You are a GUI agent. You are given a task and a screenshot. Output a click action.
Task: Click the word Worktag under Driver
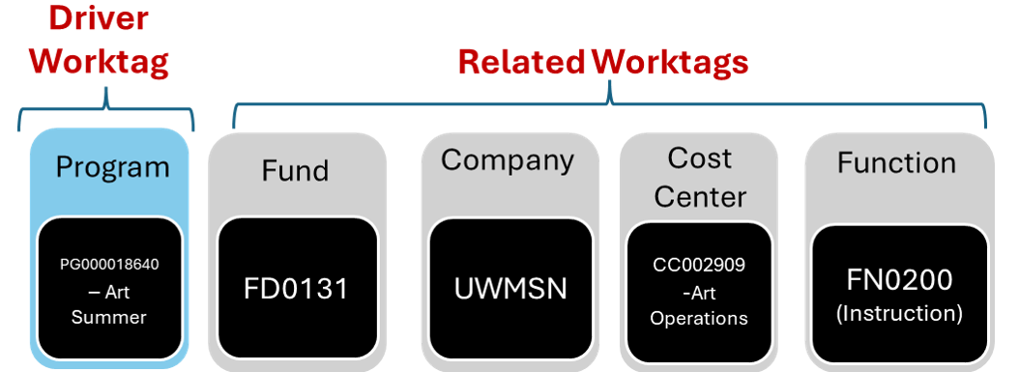(99, 62)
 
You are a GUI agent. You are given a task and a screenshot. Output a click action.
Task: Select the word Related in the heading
(521, 62)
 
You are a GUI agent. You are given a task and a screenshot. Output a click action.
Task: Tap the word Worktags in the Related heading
(670, 62)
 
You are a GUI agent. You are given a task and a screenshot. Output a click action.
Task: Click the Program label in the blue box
(112, 167)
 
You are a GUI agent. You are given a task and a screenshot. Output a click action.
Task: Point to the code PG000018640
(108, 263)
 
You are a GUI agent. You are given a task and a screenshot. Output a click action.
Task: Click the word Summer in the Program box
(108, 317)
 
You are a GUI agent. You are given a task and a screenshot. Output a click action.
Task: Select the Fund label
(295, 171)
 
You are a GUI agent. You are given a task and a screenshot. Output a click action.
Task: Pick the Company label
(508, 160)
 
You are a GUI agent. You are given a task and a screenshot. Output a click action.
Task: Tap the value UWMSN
(510, 289)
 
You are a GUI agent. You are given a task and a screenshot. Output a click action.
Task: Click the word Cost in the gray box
(699, 157)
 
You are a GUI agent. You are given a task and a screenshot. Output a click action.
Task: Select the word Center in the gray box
(700, 196)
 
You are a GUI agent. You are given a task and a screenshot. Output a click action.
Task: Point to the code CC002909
(699, 263)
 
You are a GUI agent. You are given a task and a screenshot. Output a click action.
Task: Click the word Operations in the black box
(699, 317)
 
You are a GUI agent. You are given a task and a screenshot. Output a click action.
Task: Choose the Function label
(897, 162)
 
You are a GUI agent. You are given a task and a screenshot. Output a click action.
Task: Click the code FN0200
(900, 280)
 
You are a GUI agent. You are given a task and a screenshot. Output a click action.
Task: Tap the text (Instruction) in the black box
(900, 313)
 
